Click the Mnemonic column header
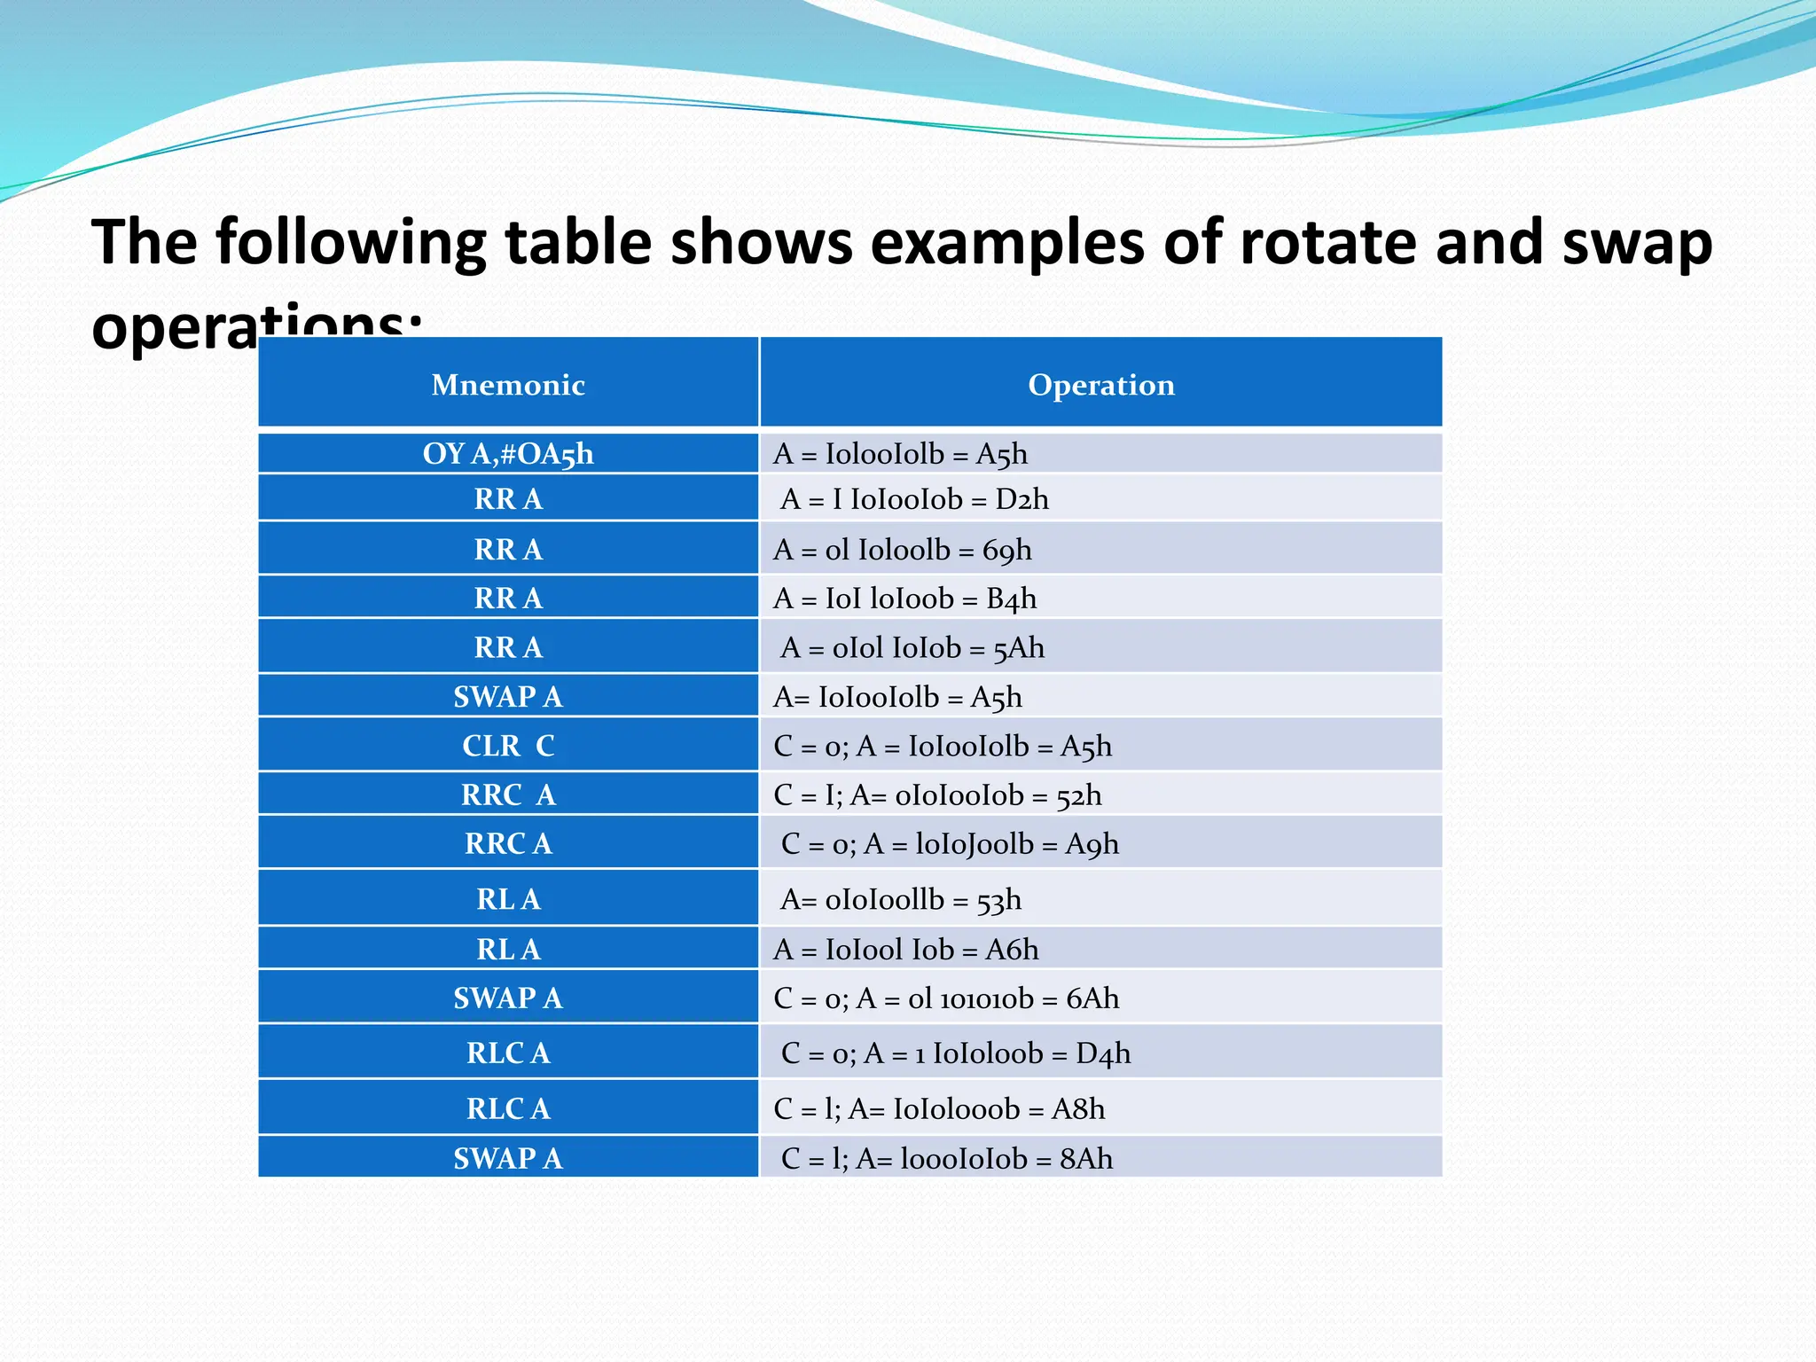(x=508, y=385)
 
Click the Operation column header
(x=1100, y=385)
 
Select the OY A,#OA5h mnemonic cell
(x=508, y=454)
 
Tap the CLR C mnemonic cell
(x=508, y=746)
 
